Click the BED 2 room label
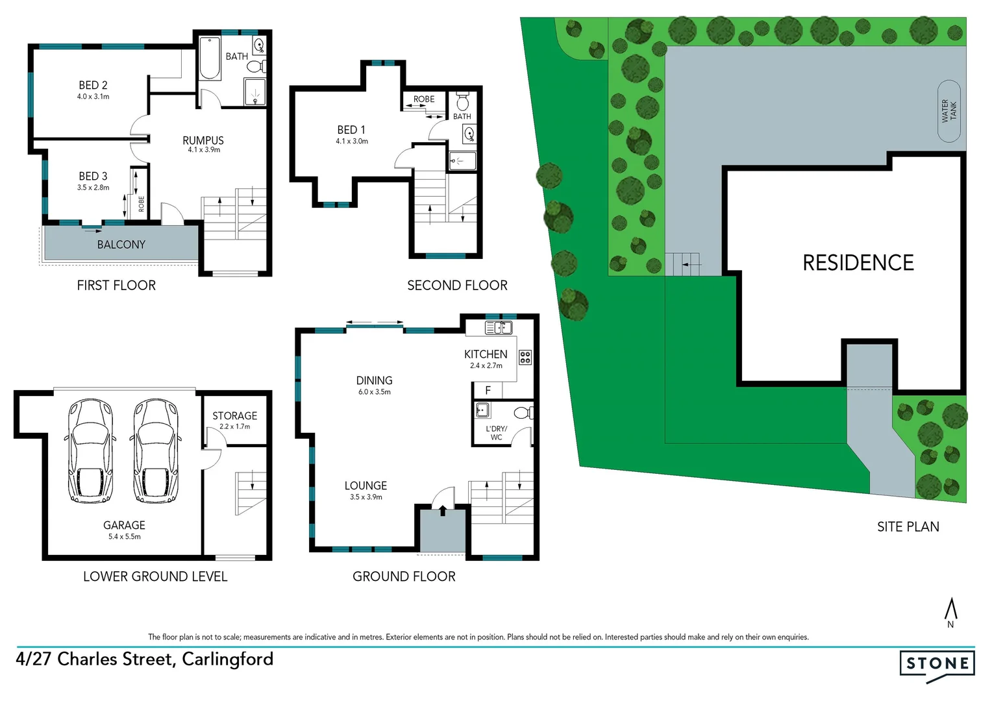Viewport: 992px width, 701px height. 93,85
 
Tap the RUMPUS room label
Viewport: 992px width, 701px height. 203,140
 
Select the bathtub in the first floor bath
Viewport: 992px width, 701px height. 210,59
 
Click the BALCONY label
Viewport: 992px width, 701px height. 121,245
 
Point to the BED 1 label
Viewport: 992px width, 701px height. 351,130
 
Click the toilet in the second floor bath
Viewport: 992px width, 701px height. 463,102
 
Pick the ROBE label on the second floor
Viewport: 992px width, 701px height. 424,99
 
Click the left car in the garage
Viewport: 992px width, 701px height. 91,451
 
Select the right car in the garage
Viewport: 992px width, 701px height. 155,451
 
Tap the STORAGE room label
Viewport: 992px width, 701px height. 234,415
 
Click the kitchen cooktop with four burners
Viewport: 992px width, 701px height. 525,357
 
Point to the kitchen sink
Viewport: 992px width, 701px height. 499,328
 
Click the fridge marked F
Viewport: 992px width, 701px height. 488,390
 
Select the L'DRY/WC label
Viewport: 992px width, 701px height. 497,433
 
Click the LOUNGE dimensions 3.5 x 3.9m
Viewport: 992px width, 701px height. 366,497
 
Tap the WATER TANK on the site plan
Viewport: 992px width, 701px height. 949,111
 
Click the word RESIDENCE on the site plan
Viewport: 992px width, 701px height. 858,263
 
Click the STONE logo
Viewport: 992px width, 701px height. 937,664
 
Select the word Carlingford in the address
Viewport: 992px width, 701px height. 227,659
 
